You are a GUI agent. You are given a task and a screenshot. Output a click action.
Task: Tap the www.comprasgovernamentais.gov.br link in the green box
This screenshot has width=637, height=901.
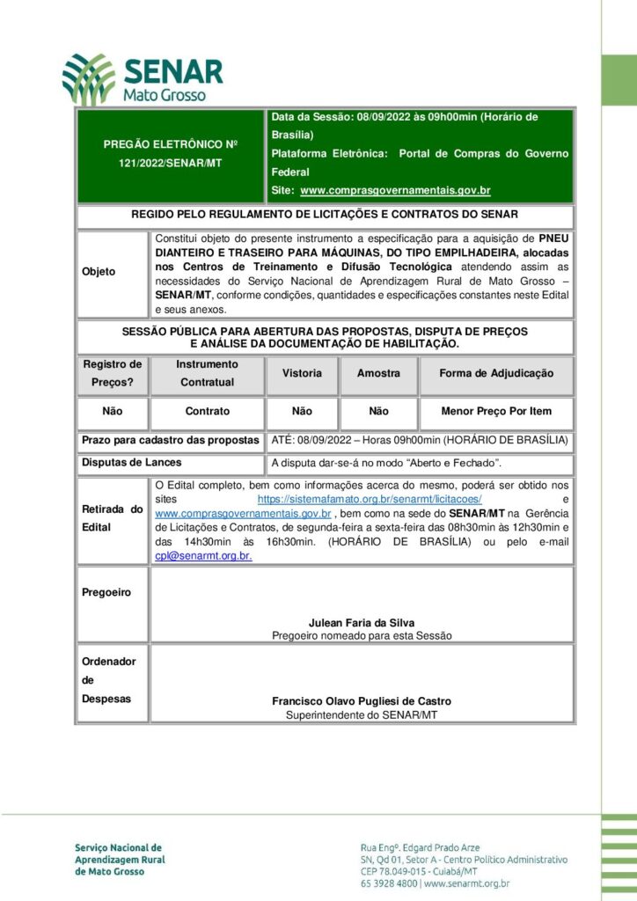(x=395, y=190)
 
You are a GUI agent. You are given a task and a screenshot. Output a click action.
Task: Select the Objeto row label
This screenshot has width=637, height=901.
(x=99, y=272)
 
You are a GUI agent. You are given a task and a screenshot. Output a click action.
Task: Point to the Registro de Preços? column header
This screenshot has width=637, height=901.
(x=112, y=373)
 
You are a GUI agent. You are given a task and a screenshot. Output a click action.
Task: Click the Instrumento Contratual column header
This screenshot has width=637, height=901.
(x=207, y=373)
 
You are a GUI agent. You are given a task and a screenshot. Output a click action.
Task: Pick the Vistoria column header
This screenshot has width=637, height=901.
(x=302, y=373)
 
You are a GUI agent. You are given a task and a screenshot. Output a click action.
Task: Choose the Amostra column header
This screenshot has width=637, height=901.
(x=378, y=373)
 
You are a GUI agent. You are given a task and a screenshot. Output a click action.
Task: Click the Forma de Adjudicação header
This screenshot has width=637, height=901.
(x=497, y=373)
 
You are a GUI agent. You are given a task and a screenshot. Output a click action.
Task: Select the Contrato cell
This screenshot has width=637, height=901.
(x=207, y=411)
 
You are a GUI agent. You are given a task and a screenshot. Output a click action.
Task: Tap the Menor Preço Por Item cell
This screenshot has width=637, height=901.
(x=497, y=411)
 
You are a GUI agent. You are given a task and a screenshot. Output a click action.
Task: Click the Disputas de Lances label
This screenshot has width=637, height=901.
(x=131, y=463)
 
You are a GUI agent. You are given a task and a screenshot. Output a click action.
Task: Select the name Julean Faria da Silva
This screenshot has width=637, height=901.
(x=362, y=623)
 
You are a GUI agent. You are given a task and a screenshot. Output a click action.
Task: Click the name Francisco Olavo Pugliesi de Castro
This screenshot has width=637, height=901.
(x=362, y=701)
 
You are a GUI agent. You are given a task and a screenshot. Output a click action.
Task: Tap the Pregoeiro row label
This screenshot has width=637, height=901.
(x=106, y=592)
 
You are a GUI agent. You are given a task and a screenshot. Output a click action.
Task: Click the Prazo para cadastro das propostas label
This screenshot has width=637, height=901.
(x=170, y=439)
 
